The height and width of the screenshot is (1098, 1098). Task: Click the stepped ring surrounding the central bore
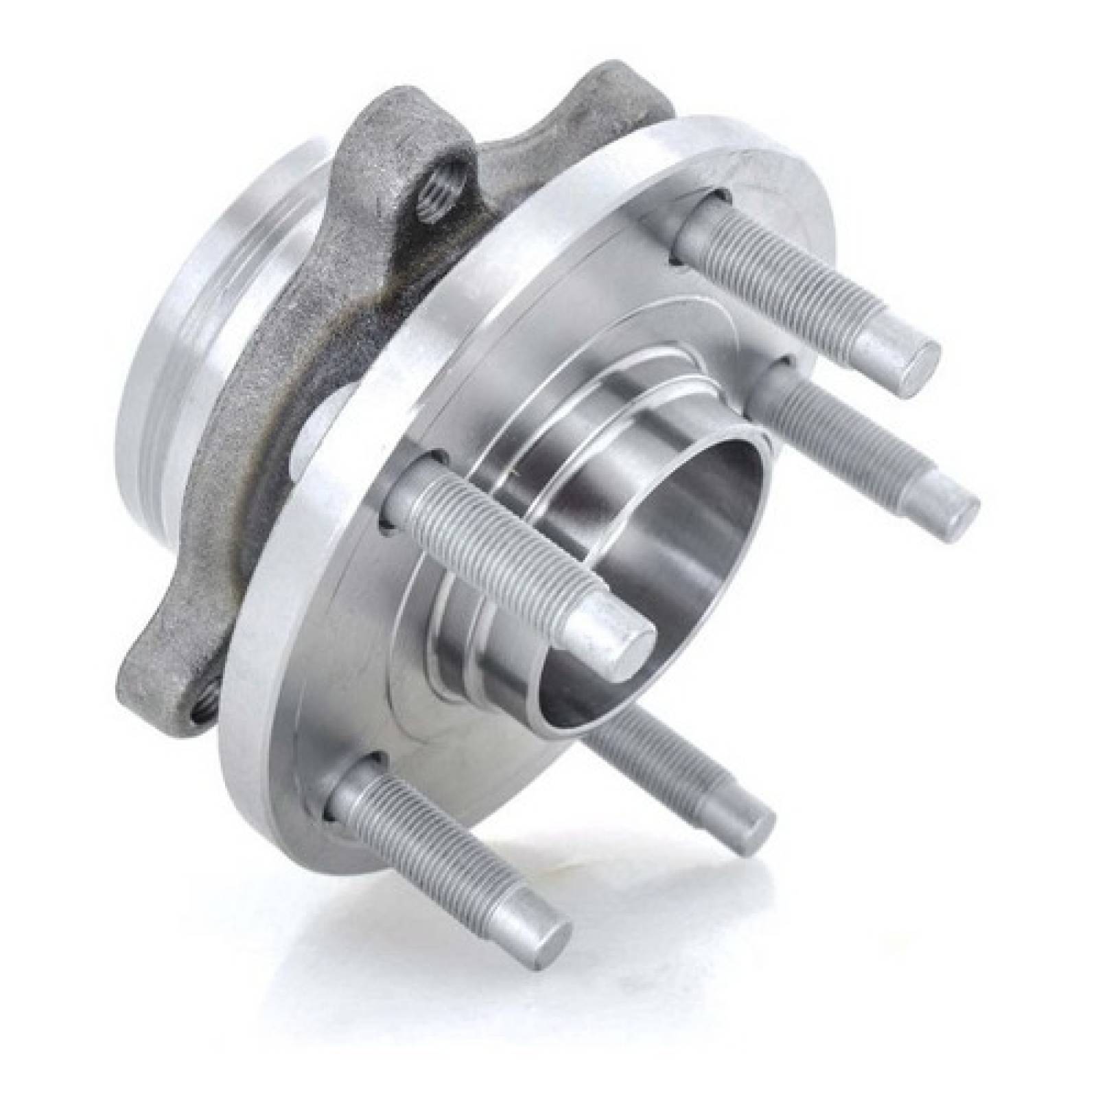pos(480,604)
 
